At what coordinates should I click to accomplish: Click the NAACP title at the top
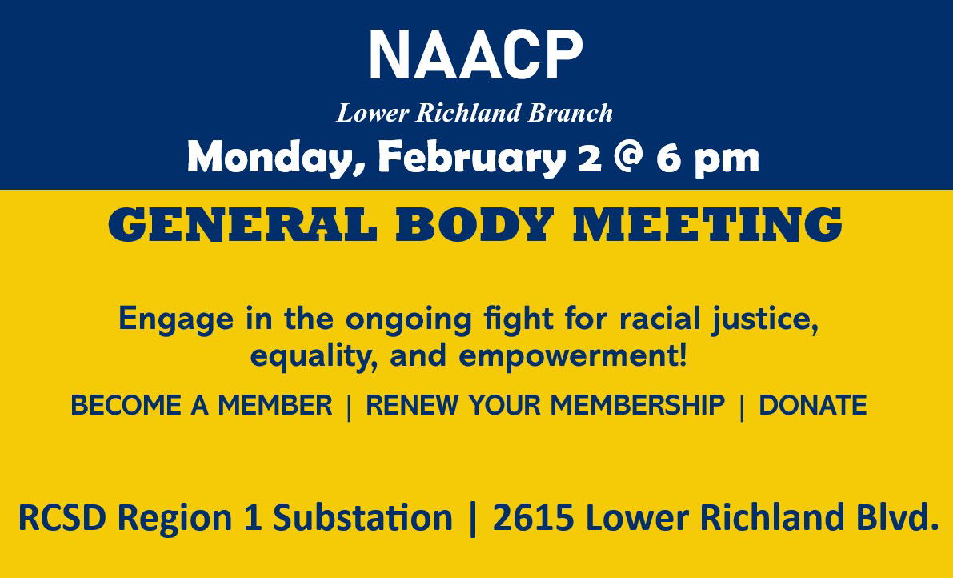click(x=475, y=54)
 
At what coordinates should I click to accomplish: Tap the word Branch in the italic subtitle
click(x=570, y=113)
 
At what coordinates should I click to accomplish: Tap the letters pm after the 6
click(x=727, y=160)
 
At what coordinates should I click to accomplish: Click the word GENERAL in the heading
click(x=243, y=224)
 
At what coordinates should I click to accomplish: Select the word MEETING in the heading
click(x=707, y=224)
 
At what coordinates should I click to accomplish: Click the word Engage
click(x=176, y=320)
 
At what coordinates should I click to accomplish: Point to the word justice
click(x=765, y=320)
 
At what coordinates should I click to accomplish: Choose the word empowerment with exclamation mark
click(x=573, y=355)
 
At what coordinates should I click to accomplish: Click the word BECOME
click(x=126, y=405)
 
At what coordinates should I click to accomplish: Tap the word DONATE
click(x=813, y=405)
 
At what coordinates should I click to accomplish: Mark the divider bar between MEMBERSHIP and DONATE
click(x=742, y=407)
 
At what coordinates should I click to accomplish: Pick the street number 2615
click(x=533, y=518)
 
